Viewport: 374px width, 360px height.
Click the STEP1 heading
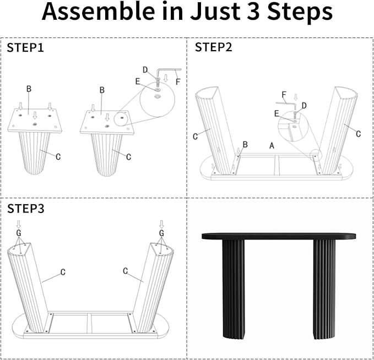(x=25, y=48)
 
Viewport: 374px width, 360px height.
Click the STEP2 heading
(x=214, y=47)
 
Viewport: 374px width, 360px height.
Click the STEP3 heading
(x=26, y=209)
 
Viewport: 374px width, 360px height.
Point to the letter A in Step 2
(x=272, y=145)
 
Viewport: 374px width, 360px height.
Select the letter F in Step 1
(x=178, y=82)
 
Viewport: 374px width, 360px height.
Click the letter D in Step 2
(x=304, y=106)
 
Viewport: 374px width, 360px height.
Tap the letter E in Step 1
(x=138, y=81)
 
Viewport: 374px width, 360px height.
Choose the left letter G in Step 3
(x=19, y=233)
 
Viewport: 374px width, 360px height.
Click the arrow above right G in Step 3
(x=162, y=225)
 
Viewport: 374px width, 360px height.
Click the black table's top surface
(x=279, y=236)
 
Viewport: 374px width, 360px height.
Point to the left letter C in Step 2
(x=196, y=137)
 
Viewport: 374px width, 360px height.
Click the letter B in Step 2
(x=245, y=144)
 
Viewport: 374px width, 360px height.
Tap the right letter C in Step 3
(x=126, y=271)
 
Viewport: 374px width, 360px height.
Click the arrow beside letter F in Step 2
(x=296, y=97)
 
